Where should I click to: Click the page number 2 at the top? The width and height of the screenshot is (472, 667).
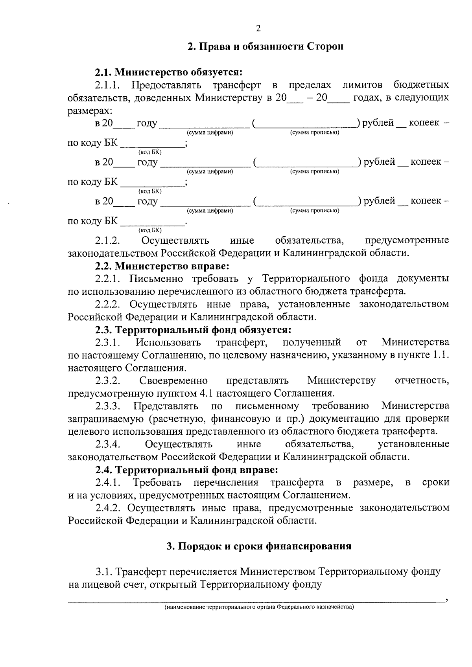[x=258, y=28]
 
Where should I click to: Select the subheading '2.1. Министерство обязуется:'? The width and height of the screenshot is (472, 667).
[x=168, y=72]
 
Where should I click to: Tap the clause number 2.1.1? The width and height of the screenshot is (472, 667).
[x=107, y=85]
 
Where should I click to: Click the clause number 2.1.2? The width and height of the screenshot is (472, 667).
[x=107, y=241]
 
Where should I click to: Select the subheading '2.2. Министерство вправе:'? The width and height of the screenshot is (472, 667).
[x=162, y=266]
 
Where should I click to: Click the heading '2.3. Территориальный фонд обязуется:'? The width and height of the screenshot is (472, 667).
[x=193, y=329]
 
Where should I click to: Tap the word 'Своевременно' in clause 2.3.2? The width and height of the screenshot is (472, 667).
[x=173, y=380]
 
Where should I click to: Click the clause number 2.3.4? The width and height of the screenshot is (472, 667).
[x=107, y=444]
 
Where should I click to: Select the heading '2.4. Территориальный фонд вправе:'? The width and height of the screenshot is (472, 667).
[x=186, y=470]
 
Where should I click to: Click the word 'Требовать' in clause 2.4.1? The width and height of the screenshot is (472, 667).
[x=157, y=482]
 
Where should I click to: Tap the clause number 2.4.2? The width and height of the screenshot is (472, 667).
[x=107, y=508]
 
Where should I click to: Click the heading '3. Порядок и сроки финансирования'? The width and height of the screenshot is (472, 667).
[x=259, y=546]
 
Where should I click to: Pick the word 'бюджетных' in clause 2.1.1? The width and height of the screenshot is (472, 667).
[x=421, y=85]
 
